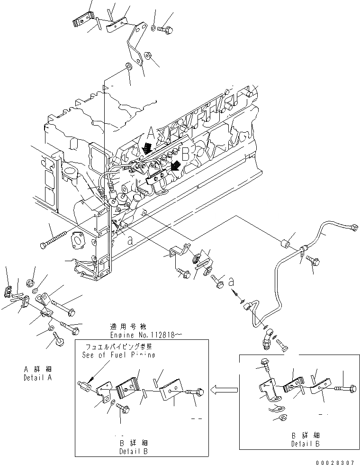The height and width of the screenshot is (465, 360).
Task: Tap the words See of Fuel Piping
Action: [118, 355]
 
